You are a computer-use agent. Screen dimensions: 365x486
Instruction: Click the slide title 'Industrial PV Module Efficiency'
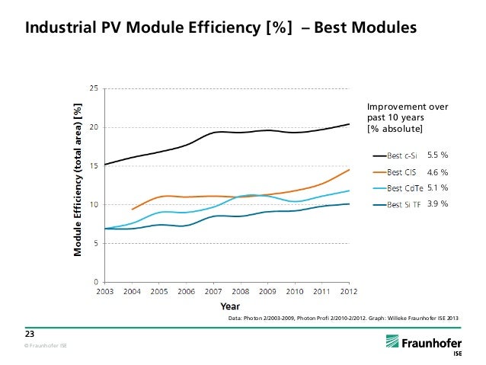pos(221,28)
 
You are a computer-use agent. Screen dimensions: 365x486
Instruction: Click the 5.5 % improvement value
pos(437,155)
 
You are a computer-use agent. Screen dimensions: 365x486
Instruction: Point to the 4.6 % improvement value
pos(437,171)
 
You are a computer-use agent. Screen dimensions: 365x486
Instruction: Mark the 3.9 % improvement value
pos(437,203)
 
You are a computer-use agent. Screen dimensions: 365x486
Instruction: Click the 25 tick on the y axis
pos(93,88)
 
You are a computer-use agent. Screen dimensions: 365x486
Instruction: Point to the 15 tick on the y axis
pos(93,165)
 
